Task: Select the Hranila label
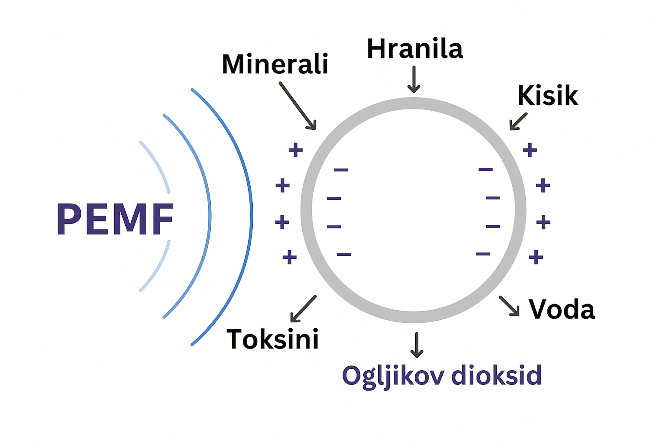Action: coord(415,49)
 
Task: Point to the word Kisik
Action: coord(548,95)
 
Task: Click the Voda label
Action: coord(561,309)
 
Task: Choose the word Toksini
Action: coord(272,339)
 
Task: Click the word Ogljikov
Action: coord(393,376)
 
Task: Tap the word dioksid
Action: coord(496,375)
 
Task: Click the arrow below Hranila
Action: coord(414,79)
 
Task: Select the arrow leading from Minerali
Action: coord(298,106)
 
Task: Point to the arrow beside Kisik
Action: coord(518,121)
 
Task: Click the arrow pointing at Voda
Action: coord(509,306)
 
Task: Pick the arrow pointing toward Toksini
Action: coord(303,309)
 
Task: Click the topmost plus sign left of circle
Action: coord(296,150)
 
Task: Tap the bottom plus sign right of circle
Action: coord(536,257)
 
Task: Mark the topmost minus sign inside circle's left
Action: coord(341,170)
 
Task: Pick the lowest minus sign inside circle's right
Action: coord(483,254)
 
